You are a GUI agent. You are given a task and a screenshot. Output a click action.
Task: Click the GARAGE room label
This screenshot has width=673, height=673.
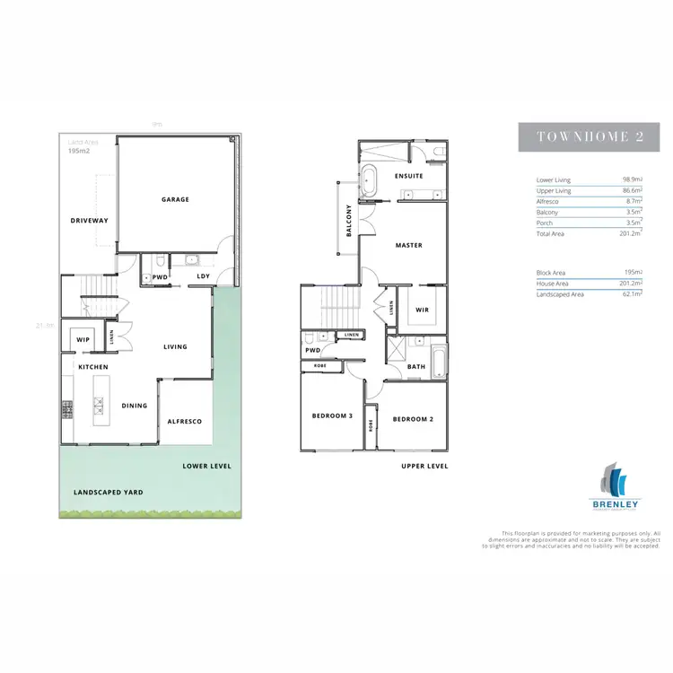coord(175,199)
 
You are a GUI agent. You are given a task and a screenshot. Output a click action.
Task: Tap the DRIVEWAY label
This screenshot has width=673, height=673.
coord(89,220)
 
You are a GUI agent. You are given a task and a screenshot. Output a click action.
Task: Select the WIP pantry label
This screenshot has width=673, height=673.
coord(83,340)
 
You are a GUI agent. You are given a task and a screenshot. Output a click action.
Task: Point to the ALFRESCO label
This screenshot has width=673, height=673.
coord(184,422)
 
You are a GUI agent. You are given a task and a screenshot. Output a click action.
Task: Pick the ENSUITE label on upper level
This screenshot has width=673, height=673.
coord(396,176)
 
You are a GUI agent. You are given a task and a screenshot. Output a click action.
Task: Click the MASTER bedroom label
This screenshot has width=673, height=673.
coord(408,245)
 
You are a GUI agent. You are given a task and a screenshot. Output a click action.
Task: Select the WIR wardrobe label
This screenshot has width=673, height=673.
coord(423,310)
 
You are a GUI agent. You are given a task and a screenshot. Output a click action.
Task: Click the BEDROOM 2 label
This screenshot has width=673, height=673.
coord(414,419)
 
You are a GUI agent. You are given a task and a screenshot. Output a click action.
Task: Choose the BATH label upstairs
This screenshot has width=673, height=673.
coord(415,366)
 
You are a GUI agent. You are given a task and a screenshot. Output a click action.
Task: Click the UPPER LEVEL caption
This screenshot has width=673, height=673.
coord(424,467)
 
